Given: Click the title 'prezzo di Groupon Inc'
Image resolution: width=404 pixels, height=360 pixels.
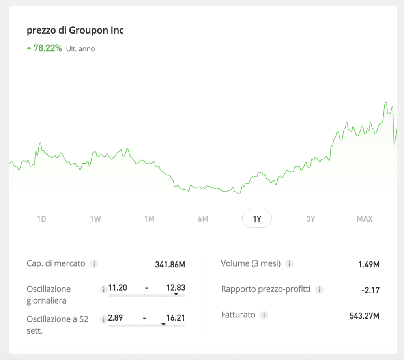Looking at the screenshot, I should click(x=75, y=30).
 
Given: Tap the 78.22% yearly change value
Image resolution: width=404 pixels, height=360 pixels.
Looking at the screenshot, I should click(x=47, y=48).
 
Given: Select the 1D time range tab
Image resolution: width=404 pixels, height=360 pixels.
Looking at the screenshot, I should click(x=41, y=219).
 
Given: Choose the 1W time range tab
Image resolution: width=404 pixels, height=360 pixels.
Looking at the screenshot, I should click(x=95, y=219).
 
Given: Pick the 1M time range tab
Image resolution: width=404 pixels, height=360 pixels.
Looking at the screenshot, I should click(x=149, y=219).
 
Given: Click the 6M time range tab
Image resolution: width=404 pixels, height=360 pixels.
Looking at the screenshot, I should click(x=203, y=219).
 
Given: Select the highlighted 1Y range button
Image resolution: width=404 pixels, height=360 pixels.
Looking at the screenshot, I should click(x=257, y=218).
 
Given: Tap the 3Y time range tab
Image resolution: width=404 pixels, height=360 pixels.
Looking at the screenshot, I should click(x=311, y=219).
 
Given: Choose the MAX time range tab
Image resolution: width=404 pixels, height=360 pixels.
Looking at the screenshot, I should click(x=365, y=219).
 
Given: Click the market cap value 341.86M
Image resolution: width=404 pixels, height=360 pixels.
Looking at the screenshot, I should click(x=170, y=264).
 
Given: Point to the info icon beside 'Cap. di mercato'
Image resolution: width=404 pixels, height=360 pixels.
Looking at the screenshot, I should click(x=94, y=264).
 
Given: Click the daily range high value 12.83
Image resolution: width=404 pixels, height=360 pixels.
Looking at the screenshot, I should click(x=176, y=288).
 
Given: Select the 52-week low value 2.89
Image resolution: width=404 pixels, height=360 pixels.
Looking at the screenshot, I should click(x=118, y=318).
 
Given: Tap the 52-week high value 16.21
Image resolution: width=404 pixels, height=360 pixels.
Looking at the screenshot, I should click(x=176, y=318).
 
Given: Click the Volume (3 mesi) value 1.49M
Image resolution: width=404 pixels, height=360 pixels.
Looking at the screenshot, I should click(x=368, y=264).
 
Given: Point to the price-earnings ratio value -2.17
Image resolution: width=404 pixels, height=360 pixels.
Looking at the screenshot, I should click(x=370, y=290).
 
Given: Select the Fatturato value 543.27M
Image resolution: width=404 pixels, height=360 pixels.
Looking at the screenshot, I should click(x=364, y=315).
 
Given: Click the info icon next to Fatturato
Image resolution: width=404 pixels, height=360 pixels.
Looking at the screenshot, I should click(x=264, y=315).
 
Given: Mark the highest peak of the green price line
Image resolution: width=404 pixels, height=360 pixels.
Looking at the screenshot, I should click(x=386, y=103).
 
